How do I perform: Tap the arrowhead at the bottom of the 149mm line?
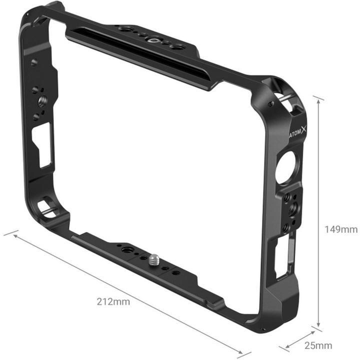coord(318,326)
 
